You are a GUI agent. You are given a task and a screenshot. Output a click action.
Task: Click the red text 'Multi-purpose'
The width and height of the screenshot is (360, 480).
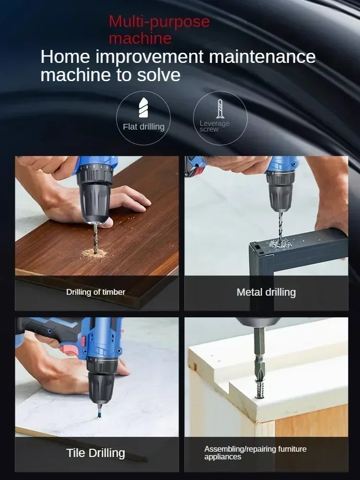coord(159,22)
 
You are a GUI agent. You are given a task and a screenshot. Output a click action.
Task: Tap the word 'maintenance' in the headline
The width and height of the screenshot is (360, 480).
coord(262,57)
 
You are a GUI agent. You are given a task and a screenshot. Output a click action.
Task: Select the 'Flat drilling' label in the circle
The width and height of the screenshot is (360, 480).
coord(144,127)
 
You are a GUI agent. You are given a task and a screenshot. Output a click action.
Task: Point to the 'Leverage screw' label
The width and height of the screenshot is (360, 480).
coord(215,126)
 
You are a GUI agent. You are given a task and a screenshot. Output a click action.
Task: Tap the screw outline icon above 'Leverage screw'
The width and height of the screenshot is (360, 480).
coord(220,109)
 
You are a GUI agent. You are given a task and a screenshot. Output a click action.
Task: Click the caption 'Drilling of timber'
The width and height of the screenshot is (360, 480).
coord(96,292)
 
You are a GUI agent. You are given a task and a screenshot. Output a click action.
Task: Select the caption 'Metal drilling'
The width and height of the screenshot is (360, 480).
coord(266,292)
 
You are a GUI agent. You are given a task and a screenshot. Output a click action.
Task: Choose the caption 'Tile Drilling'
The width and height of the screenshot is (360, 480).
coord(96,453)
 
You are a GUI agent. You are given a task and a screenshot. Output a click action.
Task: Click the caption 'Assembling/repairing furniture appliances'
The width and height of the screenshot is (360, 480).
coord(255,453)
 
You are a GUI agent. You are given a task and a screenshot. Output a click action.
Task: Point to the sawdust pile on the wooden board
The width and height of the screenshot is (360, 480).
coord(94,252)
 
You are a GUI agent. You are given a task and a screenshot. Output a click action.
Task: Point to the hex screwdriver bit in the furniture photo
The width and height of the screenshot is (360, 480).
coord(259,346)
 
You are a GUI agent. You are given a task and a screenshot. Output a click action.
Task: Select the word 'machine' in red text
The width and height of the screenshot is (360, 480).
coord(140,38)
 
